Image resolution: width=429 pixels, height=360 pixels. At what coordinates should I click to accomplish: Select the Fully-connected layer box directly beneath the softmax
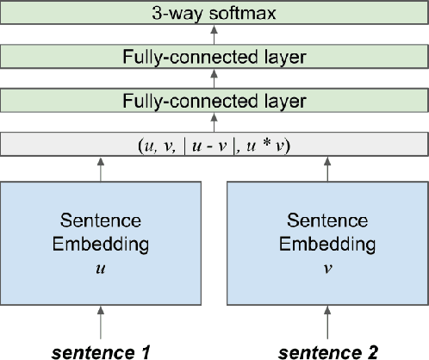[x=214, y=58]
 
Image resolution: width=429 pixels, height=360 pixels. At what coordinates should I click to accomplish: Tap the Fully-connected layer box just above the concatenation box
[x=214, y=101]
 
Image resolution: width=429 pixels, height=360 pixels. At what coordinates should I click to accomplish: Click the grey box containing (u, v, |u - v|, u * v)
[x=214, y=144]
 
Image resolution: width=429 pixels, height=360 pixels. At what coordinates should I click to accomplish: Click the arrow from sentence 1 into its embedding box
[x=104, y=324]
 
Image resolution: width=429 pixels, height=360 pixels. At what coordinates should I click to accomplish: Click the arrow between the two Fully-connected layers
[x=214, y=79]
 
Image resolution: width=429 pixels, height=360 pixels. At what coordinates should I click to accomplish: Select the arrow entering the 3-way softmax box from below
[x=214, y=36]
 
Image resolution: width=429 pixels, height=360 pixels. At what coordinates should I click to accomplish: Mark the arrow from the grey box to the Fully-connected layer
[x=214, y=122]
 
